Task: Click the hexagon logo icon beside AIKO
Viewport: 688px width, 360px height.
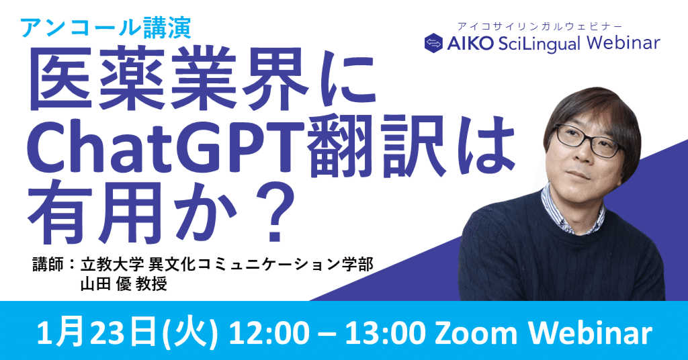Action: pyautogui.click(x=433, y=43)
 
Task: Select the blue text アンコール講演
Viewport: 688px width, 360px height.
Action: pyautogui.click(x=105, y=28)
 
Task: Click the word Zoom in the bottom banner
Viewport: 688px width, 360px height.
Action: pyautogui.click(x=476, y=334)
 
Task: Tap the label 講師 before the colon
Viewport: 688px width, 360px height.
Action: pyautogui.click(x=48, y=265)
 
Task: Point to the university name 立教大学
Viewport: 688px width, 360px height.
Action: pyautogui.click(x=112, y=265)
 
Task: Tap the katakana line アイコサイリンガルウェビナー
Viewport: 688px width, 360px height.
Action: pyautogui.click(x=540, y=26)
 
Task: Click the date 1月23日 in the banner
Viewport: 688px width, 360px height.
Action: pyautogui.click(x=97, y=334)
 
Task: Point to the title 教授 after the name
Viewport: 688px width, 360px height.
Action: pyautogui.click(x=151, y=284)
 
